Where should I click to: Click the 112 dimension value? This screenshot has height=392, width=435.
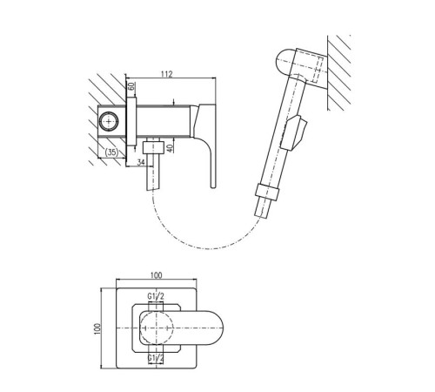[167, 74]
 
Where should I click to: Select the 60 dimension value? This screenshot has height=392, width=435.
[131, 86]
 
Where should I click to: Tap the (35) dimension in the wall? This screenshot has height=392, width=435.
[111, 152]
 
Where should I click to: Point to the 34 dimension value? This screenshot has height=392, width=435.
[141, 162]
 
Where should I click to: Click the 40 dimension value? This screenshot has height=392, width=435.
[171, 148]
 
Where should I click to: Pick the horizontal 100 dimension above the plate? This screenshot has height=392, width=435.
[157, 275]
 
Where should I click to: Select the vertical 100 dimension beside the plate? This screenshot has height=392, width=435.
[97, 328]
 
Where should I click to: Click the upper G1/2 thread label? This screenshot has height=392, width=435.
[156, 296]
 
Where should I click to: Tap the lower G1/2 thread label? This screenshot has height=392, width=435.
[156, 358]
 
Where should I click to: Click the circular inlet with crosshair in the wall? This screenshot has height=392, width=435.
[109, 121]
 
